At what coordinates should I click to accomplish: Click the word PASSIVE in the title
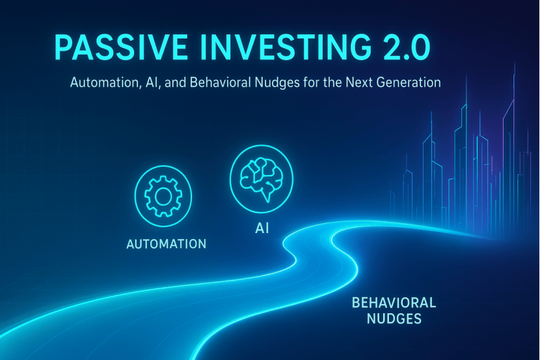[120, 47]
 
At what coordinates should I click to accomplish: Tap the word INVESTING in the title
[286, 47]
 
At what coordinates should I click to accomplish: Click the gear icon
[163, 197]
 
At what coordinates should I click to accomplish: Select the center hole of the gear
[163, 197]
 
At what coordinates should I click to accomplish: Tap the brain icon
[262, 179]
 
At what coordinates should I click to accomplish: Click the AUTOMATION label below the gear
[167, 244]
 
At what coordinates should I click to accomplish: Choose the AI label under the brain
[262, 228]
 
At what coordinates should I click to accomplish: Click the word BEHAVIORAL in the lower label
[394, 303]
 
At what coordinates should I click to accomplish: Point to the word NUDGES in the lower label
[394, 318]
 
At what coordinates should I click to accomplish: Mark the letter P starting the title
[63, 48]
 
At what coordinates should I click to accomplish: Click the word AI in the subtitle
[152, 83]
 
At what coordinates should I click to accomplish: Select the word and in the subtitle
[175, 82]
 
